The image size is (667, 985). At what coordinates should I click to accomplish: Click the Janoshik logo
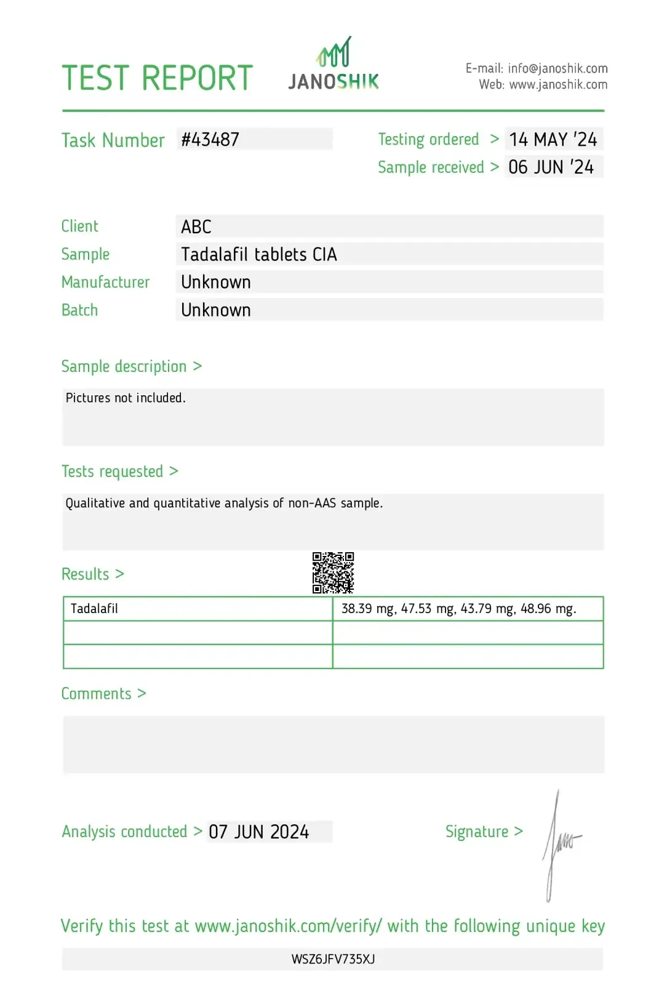point(333,65)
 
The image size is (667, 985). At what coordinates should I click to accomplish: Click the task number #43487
point(210,140)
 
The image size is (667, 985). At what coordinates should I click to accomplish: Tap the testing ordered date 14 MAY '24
point(553,140)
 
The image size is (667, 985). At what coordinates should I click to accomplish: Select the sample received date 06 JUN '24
point(551,167)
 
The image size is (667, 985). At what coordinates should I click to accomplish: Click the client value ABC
point(196,227)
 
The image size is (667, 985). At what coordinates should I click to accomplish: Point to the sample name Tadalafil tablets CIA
point(259,255)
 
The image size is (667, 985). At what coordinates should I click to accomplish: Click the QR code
point(333,573)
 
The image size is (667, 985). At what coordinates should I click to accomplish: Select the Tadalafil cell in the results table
point(94,609)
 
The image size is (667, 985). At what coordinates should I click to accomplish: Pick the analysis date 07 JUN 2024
point(258,832)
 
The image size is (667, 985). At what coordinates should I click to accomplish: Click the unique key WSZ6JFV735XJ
point(333,959)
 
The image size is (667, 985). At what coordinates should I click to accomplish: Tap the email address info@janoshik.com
point(557,68)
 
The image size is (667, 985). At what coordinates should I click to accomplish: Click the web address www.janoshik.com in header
point(558,85)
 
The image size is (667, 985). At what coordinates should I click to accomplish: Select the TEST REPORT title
point(158,78)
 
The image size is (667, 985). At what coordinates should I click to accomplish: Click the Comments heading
point(97,694)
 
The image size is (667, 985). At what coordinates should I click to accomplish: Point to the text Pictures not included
point(126,398)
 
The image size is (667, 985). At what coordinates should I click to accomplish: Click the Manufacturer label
point(105,283)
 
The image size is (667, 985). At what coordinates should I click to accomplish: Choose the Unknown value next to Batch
point(216,310)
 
